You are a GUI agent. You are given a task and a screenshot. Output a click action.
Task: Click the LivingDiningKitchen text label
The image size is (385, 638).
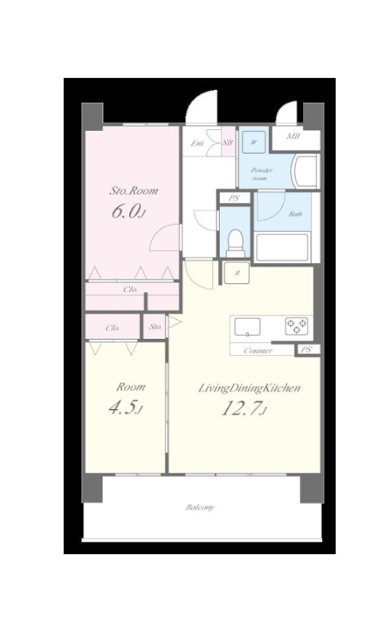pyautogui.click(x=249, y=388)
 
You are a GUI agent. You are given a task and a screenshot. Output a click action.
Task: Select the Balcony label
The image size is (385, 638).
pyautogui.click(x=200, y=507)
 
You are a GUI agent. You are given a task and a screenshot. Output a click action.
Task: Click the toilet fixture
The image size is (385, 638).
pyautogui.click(x=234, y=243)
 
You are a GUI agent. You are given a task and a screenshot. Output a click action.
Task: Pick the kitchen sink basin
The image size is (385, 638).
pyautogui.click(x=247, y=327)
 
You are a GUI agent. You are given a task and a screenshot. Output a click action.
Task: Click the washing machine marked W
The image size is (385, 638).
pyautogui.click(x=253, y=143)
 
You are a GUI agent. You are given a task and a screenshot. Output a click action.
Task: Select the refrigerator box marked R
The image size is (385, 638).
pyautogui.click(x=237, y=274)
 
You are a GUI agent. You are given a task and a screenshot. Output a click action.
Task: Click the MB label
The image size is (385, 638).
pyautogui.click(x=293, y=136)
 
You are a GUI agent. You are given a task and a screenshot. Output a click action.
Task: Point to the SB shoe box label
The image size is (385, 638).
pyautogui.click(x=228, y=143)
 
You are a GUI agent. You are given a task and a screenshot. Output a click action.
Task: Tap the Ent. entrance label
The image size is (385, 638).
pyautogui.click(x=198, y=144)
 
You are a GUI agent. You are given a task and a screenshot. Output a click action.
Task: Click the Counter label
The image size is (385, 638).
pyautogui.click(x=257, y=350)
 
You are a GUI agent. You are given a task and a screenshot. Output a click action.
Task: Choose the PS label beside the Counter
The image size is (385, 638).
pyautogui.click(x=308, y=349)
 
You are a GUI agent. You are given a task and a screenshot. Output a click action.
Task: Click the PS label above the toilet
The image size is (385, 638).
pyautogui.click(x=234, y=199)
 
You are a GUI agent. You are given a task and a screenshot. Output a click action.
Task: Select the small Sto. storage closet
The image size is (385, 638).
pyautogui.click(x=155, y=326)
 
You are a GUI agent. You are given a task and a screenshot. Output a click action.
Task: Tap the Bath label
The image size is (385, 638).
pyautogui.click(x=295, y=214)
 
